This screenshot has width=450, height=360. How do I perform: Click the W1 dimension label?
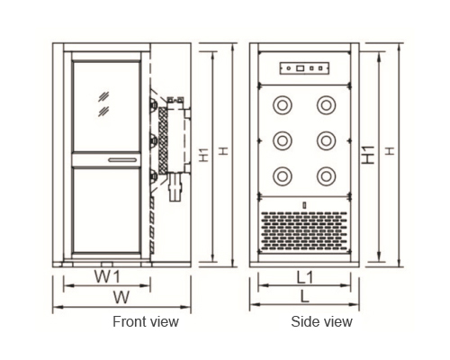click(x=107, y=276)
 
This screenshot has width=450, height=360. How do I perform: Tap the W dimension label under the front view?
click(x=121, y=297)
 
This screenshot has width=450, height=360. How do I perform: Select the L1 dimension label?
click(x=305, y=277)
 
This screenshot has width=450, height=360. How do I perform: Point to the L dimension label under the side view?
click(x=305, y=296)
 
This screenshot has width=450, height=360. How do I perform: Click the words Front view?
click(x=146, y=321)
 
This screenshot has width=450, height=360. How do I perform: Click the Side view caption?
click(x=321, y=321)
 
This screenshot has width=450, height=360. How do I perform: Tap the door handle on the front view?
click(x=122, y=160)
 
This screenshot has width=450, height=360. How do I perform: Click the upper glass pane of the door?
click(x=106, y=107)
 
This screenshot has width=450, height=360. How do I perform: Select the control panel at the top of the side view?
click(x=304, y=68)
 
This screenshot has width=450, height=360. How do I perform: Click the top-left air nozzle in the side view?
click(x=283, y=105)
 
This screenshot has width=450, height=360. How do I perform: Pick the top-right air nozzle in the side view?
click(x=327, y=105)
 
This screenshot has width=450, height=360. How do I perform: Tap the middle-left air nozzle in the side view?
click(x=283, y=140)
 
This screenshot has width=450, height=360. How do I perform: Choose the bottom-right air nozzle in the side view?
click(x=327, y=176)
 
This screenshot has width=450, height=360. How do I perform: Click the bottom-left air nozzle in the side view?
click(x=283, y=176)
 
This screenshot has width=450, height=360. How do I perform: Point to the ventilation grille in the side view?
click(x=304, y=230)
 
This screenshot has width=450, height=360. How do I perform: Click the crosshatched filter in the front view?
click(x=163, y=140)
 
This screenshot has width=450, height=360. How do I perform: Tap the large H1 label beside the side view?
click(x=368, y=155)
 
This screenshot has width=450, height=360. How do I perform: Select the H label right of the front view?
click(x=223, y=151)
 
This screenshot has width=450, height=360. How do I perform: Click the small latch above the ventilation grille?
click(x=304, y=205)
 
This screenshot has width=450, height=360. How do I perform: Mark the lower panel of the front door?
click(x=106, y=211)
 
